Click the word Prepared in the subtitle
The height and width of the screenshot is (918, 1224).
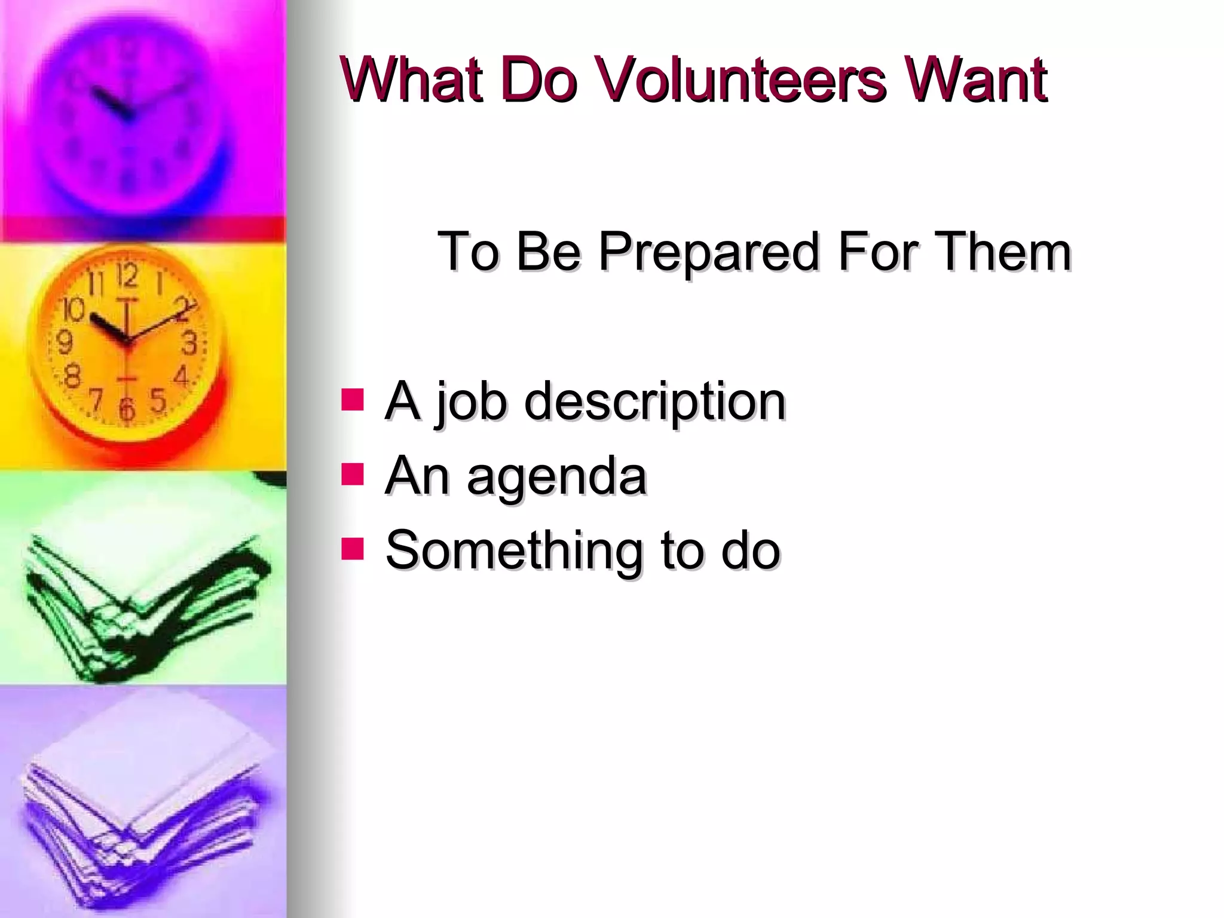tap(708, 252)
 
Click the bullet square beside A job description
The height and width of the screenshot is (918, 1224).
tap(353, 399)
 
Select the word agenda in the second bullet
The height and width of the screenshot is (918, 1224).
tap(557, 477)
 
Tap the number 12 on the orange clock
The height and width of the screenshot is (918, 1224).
tap(127, 277)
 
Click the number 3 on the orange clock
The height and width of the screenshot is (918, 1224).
tap(189, 344)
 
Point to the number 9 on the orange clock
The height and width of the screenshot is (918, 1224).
tap(64, 342)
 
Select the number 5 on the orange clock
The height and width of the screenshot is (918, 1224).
tap(158, 399)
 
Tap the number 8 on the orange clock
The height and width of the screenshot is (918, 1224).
tap(72, 377)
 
